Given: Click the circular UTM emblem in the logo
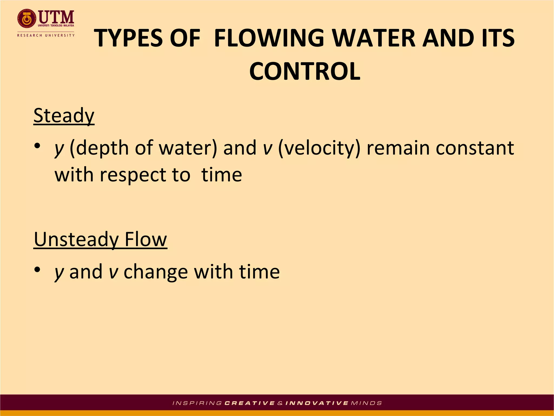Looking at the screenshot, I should (26, 19).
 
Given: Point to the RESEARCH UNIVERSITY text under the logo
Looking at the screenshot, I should (46, 35).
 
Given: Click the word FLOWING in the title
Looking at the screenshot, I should (269, 38).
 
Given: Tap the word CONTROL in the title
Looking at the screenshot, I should (305, 71).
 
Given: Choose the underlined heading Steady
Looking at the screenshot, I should (64, 116).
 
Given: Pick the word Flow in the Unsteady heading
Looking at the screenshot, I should (146, 239).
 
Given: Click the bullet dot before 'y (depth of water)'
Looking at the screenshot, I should (37, 146).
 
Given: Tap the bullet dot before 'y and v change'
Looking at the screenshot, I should (37, 269).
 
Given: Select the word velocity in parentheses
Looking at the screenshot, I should (319, 148).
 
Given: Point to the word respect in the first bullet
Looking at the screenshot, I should (133, 175).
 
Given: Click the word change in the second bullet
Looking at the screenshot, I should (156, 272).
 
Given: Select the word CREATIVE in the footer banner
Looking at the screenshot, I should (250, 403).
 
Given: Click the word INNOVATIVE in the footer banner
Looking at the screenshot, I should (317, 403).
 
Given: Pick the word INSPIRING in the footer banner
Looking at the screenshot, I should (197, 403).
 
